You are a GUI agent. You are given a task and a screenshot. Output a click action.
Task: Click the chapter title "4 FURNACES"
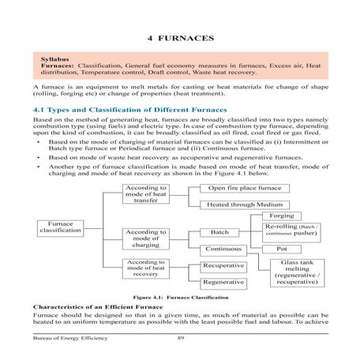179,38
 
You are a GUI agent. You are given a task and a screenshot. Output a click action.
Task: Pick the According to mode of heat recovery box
146,268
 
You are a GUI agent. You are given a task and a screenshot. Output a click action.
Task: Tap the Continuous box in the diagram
223,249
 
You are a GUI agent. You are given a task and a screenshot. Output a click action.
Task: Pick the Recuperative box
223,267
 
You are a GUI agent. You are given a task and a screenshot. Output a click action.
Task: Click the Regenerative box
223,282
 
